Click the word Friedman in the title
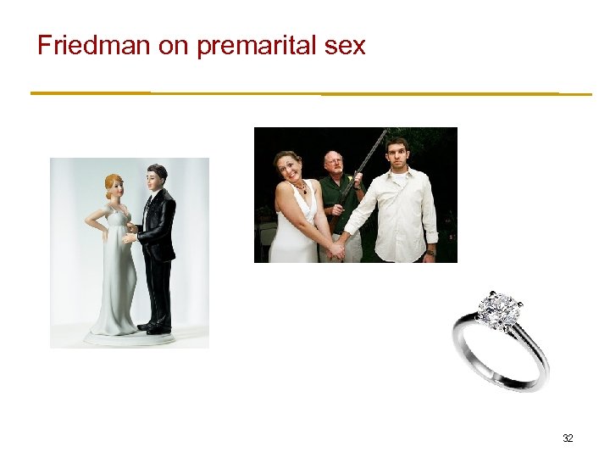coord(94,45)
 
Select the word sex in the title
coord(346,46)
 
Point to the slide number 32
coord(568,438)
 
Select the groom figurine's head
coord(157,176)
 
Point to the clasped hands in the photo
coord(338,248)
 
